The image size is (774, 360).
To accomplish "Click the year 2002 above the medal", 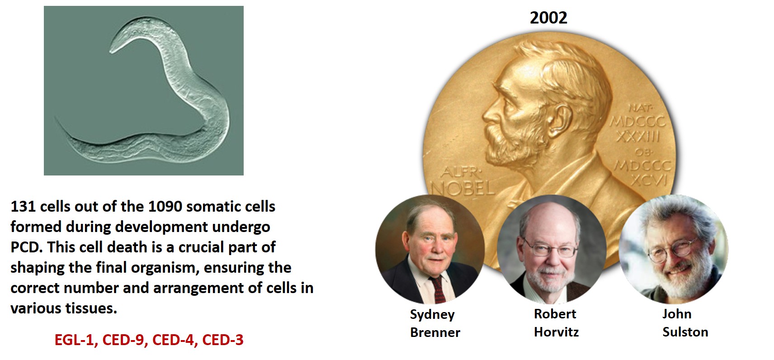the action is click(x=548, y=18).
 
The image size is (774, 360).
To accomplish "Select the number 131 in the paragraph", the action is click(x=23, y=206).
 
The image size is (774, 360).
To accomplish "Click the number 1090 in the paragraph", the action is click(x=165, y=206).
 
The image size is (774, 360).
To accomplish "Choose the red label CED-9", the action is click(x=123, y=340).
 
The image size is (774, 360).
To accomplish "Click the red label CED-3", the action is click(x=223, y=340).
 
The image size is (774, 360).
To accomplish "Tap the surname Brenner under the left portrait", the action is click(x=435, y=332).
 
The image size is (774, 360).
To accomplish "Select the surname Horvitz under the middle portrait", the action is click(x=556, y=332).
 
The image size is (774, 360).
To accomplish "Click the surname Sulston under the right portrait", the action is click(x=685, y=332).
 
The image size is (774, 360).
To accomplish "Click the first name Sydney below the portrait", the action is click(x=432, y=315).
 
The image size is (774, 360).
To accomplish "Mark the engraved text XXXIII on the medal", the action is click(x=638, y=137).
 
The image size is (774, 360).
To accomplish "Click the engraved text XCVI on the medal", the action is click(x=649, y=180).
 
